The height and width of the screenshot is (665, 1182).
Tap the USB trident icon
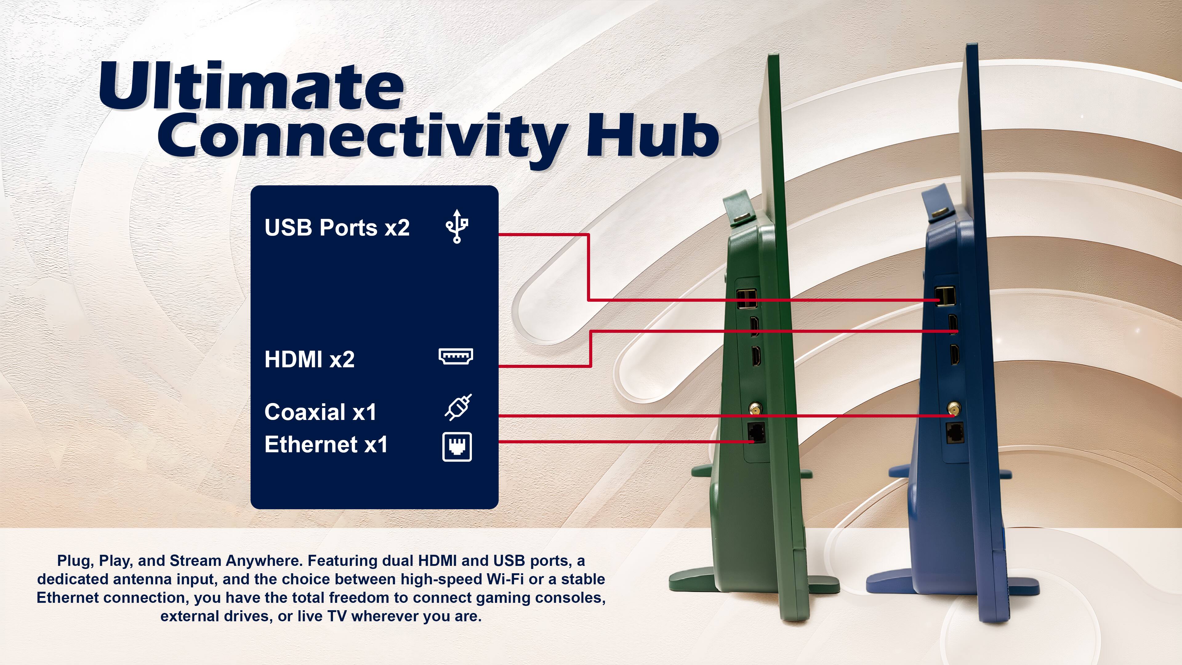[456, 226]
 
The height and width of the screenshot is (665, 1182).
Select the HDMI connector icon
[456, 357]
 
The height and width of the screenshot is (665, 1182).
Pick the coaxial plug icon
[458, 407]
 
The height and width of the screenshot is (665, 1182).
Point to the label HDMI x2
[309, 359]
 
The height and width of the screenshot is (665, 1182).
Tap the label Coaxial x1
[320, 412]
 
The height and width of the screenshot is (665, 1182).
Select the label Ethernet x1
[326, 445]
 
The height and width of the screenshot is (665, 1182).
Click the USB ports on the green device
[746, 299]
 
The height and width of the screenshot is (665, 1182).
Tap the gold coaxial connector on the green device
[754, 408]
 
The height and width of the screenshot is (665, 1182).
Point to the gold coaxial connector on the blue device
[954, 408]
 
